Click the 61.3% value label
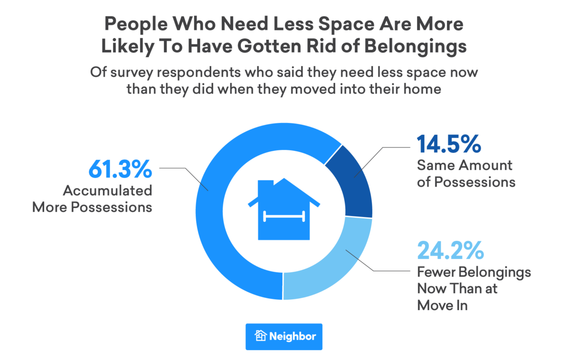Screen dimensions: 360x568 tap(120, 169)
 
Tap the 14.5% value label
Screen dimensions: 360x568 tap(449, 144)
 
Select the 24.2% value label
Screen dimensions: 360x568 tap(450, 251)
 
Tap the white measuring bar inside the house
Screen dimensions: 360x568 tap(284, 216)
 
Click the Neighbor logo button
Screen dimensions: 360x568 tap(284, 336)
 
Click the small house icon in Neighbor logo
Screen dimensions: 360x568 tap(260, 336)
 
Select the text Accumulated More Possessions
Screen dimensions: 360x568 tap(93, 198)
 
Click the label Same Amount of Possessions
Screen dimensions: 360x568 tap(465, 173)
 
